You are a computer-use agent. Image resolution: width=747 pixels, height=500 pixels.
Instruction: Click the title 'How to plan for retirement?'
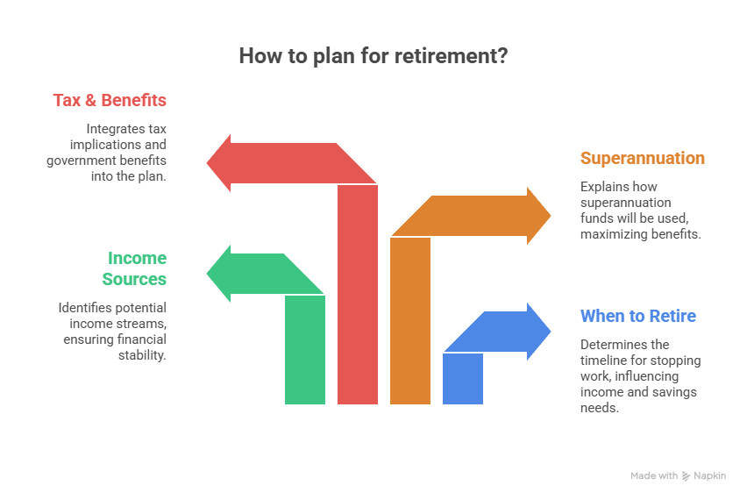point(373,56)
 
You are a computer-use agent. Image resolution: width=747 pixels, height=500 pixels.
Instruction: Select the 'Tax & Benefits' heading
point(109,100)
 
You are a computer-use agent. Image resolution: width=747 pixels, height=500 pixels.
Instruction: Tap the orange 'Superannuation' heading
point(642,158)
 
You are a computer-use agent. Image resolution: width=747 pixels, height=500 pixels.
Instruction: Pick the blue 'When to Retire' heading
point(637,316)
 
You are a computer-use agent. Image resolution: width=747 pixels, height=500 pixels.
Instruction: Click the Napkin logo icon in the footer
point(686,475)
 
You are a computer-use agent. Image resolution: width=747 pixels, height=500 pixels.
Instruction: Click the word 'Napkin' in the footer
point(710,475)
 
